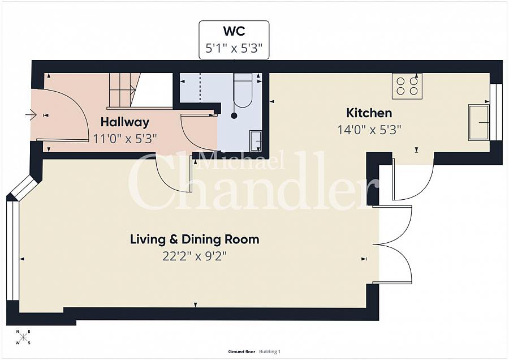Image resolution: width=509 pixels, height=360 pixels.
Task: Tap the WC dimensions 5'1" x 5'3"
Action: click(x=234, y=49)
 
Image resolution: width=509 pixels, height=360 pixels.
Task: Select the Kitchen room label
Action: click(x=369, y=113)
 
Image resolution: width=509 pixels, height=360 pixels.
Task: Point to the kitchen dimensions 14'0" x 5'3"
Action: click(x=369, y=130)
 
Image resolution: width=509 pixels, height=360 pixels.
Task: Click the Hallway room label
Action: click(x=124, y=122)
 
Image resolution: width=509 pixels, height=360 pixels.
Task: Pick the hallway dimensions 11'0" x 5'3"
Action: click(x=124, y=138)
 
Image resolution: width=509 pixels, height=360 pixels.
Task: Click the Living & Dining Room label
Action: click(x=195, y=239)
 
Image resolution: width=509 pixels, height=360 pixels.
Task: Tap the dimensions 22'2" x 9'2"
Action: click(x=195, y=256)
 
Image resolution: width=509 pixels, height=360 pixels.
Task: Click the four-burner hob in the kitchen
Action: click(x=407, y=85)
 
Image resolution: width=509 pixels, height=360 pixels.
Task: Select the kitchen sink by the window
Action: click(x=478, y=122)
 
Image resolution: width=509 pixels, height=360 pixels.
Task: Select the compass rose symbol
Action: click(x=23, y=337)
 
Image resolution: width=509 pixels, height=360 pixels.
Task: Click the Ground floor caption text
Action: click(x=242, y=352)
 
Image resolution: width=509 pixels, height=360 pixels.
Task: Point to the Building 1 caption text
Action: click(x=270, y=352)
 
